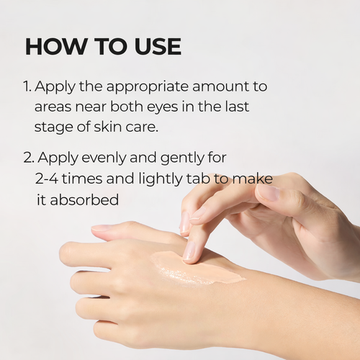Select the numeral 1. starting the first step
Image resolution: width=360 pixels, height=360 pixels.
click(27, 86)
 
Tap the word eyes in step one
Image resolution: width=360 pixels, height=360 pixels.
click(168, 107)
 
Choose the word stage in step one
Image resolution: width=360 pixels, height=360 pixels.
click(53, 127)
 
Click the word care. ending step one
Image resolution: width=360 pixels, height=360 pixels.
click(140, 127)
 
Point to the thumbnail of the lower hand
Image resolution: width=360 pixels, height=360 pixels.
click(102, 229)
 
